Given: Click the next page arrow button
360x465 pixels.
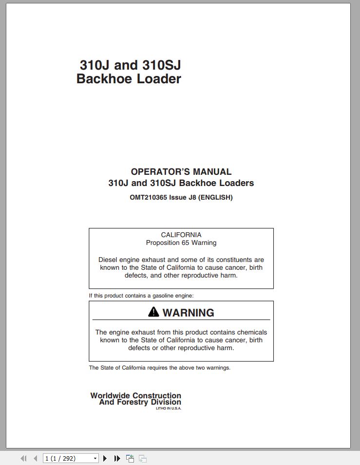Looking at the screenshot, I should point(105,458).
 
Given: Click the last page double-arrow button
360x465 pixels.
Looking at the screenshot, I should point(117,458).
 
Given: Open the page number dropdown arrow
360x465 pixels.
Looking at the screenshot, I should point(95,458).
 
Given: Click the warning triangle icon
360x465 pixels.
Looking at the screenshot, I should point(154,312).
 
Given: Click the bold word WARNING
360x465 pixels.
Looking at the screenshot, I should point(188,313).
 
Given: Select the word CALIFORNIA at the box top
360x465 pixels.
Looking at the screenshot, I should point(181,235).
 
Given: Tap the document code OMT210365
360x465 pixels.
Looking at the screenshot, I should point(148,198).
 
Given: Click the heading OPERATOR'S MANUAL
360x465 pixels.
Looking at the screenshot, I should point(181,172).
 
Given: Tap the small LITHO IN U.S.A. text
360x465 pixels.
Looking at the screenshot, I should point(168,408).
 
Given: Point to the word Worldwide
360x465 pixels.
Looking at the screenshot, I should point(111,395).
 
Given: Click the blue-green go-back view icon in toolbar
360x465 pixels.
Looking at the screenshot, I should point(130,458).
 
